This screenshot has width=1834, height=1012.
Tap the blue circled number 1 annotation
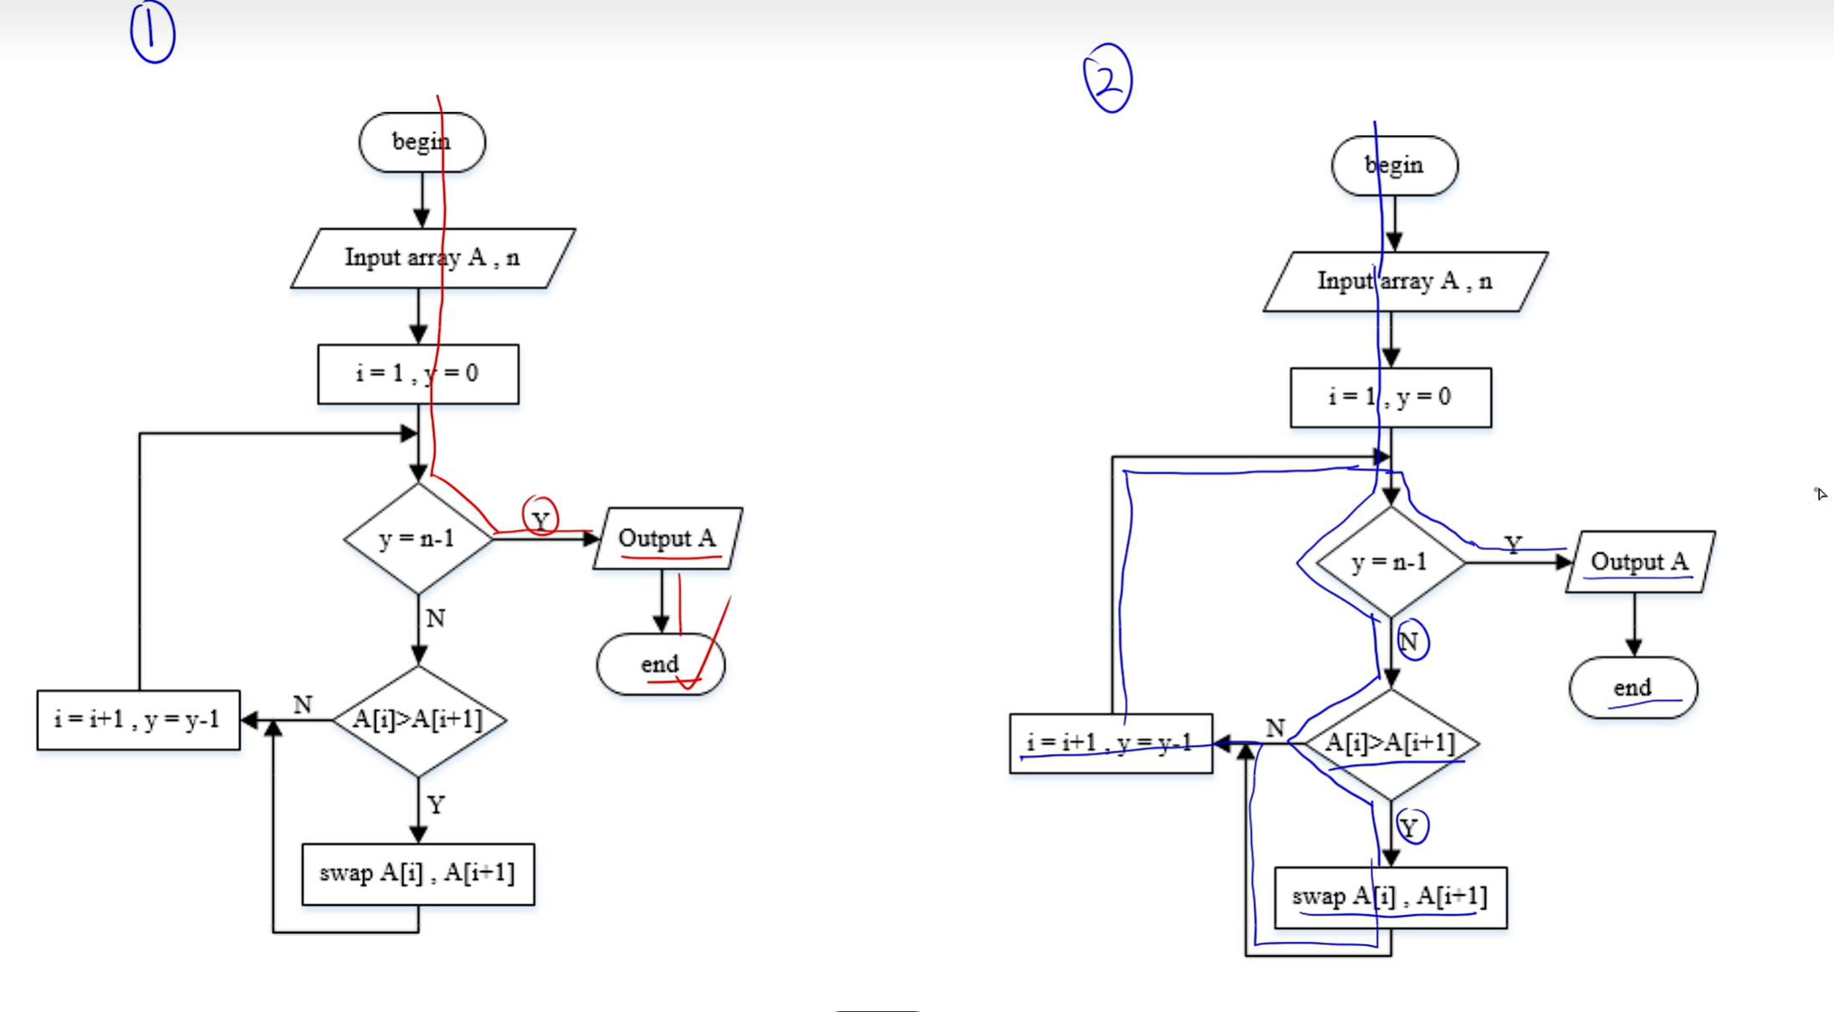pyautogui.click(x=152, y=33)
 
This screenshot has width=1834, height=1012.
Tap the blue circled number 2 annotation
pyautogui.click(x=1108, y=79)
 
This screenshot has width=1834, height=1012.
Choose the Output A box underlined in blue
pyautogui.click(x=1639, y=562)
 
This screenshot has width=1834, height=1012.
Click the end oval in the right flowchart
pyautogui.click(x=1632, y=688)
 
